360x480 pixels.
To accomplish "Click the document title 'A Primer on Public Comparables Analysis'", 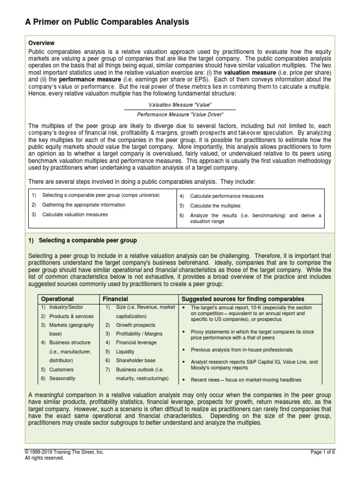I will [x=107, y=22].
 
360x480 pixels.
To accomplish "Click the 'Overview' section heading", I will [x=42, y=43].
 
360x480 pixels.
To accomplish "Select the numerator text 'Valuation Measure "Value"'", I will [x=180, y=105].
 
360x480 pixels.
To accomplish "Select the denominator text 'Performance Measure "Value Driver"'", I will [x=180, y=114].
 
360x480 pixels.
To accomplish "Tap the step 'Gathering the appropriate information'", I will [x=83, y=205].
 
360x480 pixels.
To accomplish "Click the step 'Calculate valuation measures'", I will [x=75, y=214].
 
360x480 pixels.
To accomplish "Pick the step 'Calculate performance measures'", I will [x=226, y=196].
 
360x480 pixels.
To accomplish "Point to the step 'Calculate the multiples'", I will [x=215, y=206].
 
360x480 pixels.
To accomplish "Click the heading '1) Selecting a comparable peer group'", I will [x=82, y=240].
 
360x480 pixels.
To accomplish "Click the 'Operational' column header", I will [x=58, y=299].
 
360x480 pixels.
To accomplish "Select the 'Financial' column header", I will [x=116, y=299].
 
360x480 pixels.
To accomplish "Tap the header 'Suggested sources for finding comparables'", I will [x=242, y=299].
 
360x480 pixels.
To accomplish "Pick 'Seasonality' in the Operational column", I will [x=62, y=378].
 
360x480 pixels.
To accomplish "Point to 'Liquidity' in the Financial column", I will [x=125, y=352].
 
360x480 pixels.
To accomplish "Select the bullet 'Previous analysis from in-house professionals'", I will [x=241, y=350].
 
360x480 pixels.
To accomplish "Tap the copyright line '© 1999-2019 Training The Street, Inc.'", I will [x=64, y=452].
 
